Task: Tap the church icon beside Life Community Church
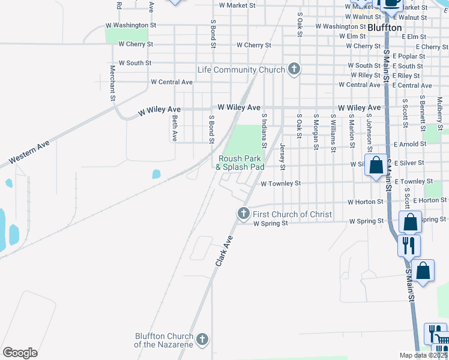pyautogui.click(x=294, y=69)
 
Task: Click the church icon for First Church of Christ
pyautogui.click(x=243, y=213)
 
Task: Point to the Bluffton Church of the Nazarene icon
pyautogui.click(x=202, y=339)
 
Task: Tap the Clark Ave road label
pyautogui.click(x=223, y=251)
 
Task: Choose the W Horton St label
pyautogui.click(x=363, y=202)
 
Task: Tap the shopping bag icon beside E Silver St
pyautogui.click(x=376, y=166)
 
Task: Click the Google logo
pyautogui.click(x=20, y=352)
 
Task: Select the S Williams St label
pyautogui.click(x=332, y=129)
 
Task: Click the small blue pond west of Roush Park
pyautogui.click(x=156, y=174)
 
